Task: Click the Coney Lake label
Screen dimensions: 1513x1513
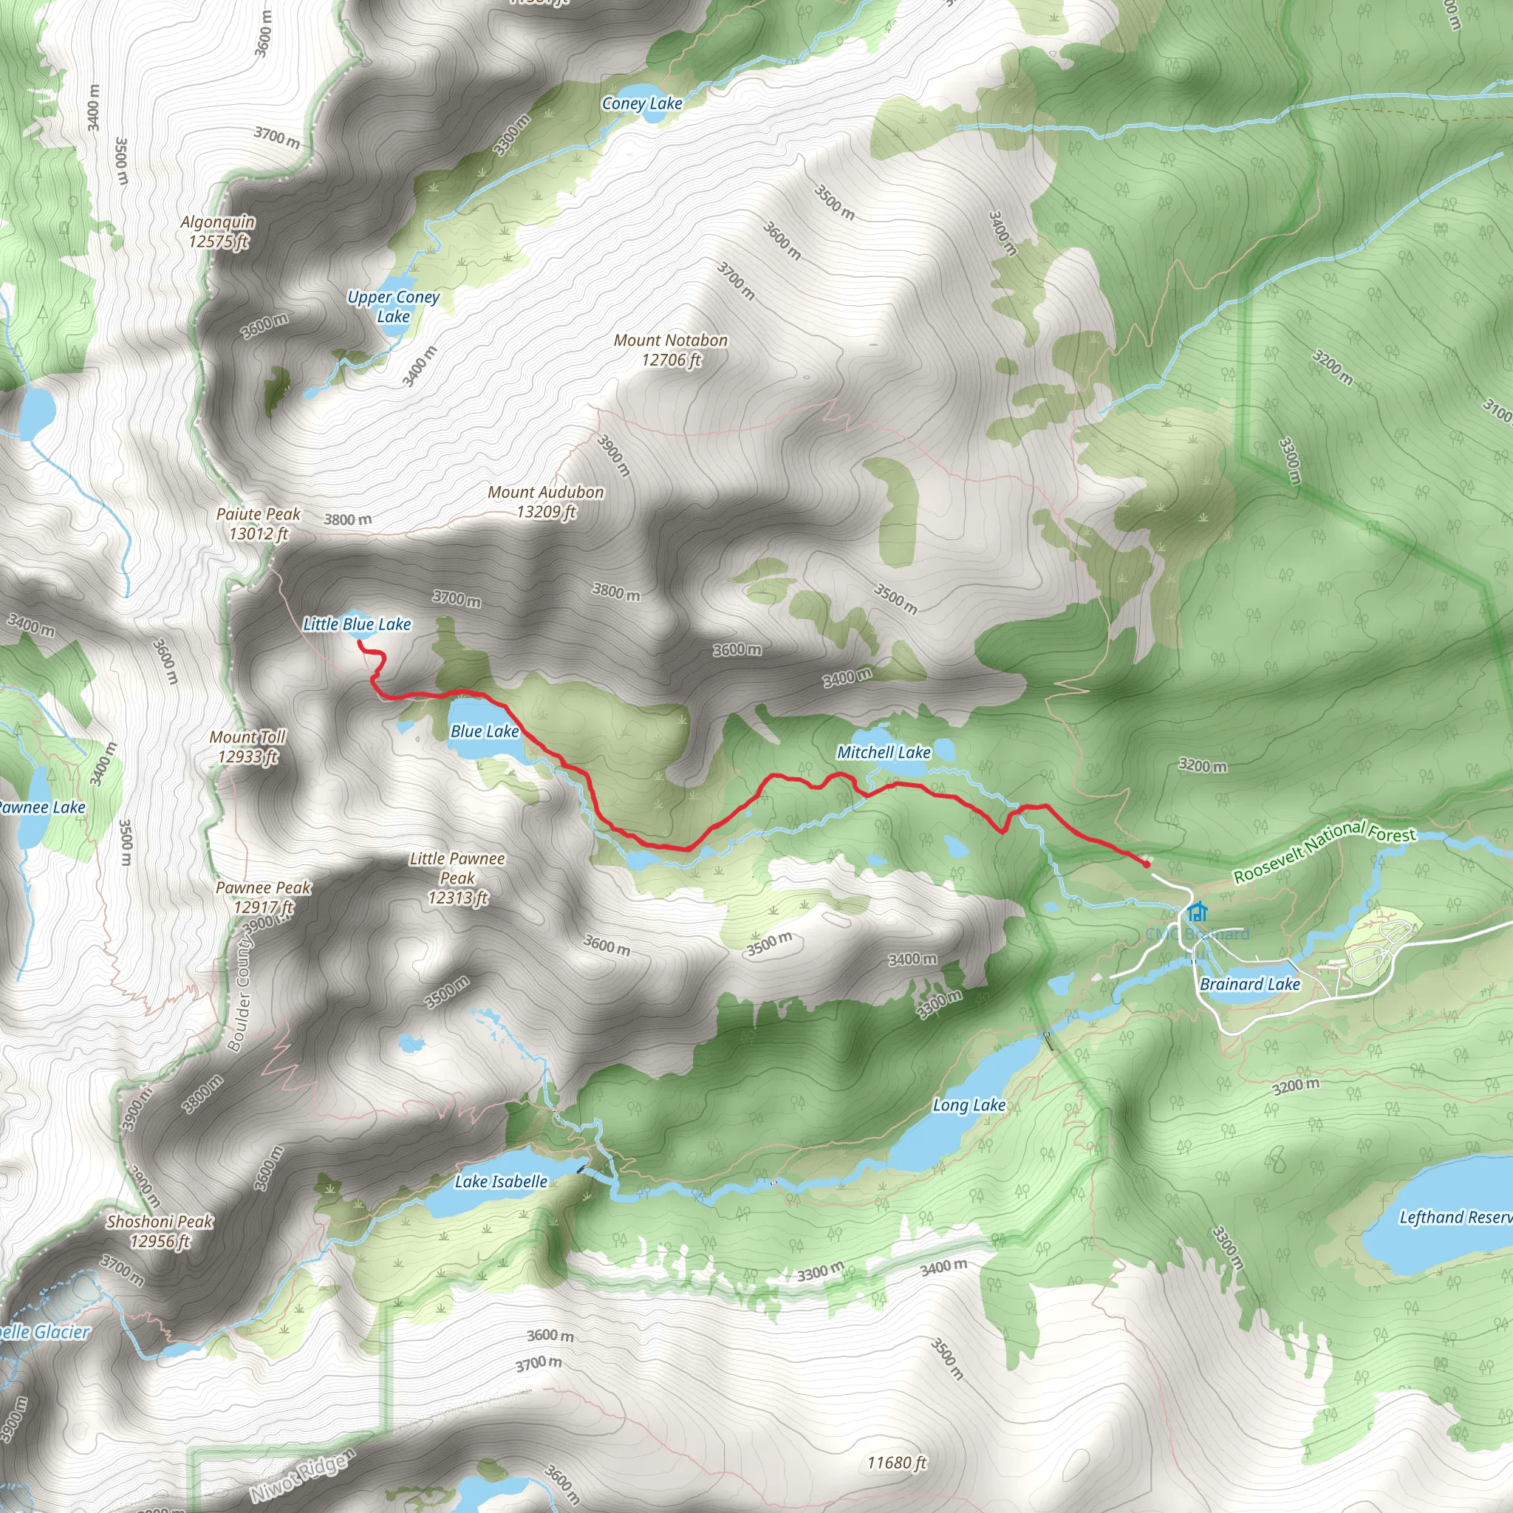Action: [x=641, y=103]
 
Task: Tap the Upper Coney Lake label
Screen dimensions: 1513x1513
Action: [x=393, y=306]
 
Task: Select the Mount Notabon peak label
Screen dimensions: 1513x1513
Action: [x=670, y=349]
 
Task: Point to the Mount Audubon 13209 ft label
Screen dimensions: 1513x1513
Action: [x=546, y=501]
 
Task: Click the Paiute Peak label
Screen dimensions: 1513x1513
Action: [x=259, y=523]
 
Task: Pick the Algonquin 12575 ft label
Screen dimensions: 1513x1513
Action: [x=218, y=231]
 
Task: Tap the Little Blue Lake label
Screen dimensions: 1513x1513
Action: [x=356, y=624]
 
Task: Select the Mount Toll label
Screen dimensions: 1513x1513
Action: [x=247, y=746]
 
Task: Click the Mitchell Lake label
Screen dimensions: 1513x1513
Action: [x=884, y=753]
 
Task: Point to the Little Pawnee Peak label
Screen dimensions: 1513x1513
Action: [x=457, y=878]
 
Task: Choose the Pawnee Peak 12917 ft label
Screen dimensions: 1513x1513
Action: [x=263, y=898]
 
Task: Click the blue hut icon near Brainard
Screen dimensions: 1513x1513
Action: [x=1197, y=912]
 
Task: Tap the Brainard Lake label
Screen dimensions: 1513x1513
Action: [x=1250, y=984]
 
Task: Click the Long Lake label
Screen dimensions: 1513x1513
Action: [x=969, y=1105]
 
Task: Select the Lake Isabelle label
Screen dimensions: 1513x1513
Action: [x=501, y=1182]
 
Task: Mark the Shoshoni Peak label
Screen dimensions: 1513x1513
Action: [x=160, y=1231]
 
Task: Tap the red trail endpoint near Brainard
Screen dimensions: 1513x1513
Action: [x=1147, y=864]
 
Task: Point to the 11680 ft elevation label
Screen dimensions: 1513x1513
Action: [x=897, y=1463]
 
